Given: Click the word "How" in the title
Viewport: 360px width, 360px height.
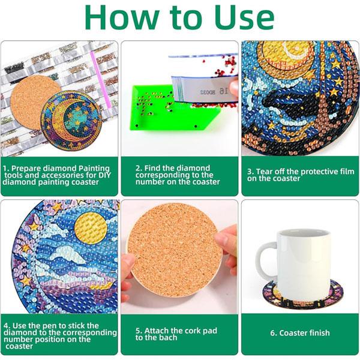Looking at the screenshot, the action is pyautogui.click(x=122, y=17).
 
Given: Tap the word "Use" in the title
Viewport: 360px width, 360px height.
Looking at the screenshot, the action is pyautogui.click(x=244, y=17).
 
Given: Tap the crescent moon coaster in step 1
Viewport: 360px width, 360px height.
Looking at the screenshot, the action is pyautogui.click(x=71, y=120).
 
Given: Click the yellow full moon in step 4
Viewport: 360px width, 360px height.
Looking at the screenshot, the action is pyautogui.click(x=91, y=228).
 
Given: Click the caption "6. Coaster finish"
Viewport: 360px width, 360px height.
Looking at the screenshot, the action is pyautogui.click(x=300, y=333).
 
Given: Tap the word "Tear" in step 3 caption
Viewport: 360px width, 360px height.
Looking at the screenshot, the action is pyautogui.click(x=264, y=172).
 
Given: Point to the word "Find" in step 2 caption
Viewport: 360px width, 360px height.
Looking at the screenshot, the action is pyautogui.click(x=152, y=168).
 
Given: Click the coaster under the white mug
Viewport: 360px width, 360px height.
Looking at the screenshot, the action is pyautogui.click(x=303, y=295).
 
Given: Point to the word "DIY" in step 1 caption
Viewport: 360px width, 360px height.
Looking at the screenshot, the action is pyautogui.click(x=104, y=175).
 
